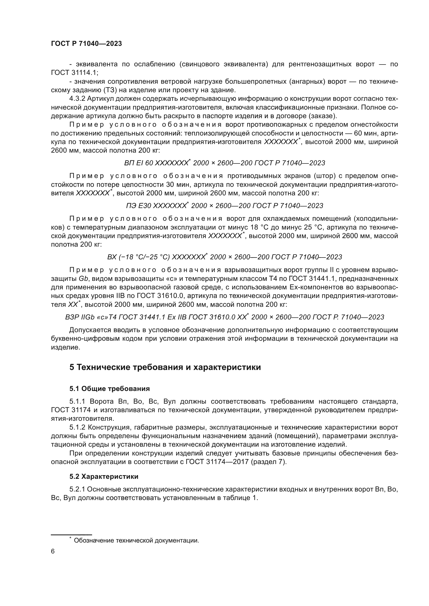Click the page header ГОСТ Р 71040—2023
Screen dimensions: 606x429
pyautogui.click(x=86, y=44)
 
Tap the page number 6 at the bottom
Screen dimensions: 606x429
pyautogui.click(x=53, y=551)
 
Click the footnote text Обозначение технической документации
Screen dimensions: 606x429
pyautogui.click(x=136, y=540)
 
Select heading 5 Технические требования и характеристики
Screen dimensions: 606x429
pyautogui.click(x=165, y=367)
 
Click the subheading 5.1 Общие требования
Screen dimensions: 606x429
pyautogui.click(x=109, y=389)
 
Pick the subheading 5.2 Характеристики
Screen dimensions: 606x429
pyautogui.click(x=104, y=476)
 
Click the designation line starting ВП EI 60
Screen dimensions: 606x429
pyautogui.click(x=225, y=163)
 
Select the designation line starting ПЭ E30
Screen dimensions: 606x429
pyautogui.click(x=225, y=206)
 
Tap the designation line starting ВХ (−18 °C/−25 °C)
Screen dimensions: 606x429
pyautogui.click(x=225, y=257)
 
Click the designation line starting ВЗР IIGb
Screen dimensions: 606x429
pyautogui.click(x=225, y=317)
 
